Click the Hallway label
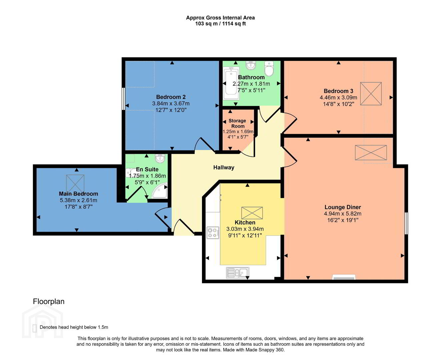(x=224, y=167)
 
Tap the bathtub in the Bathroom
(x=231, y=83)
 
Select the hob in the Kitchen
(x=213, y=233)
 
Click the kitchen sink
(x=238, y=273)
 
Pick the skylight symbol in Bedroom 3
(x=371, y=94)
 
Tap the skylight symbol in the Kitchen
(x=252, y=213)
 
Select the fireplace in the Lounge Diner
(x=344, y=277)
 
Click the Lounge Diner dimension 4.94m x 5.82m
(x=343, y=213)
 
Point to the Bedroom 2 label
(x=171, y=97)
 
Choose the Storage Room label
(x=238, y=123)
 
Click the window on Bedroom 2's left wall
(x=123, y=99)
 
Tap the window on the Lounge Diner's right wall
(x=406, y=223)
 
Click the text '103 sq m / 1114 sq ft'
(x=220, y=24)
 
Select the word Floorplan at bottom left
(x=49, y=301)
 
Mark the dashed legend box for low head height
(x=35, y=328)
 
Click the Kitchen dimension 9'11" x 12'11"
(x=245, y=236)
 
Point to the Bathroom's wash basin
(x=251, y=65)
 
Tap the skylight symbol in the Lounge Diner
(x=371, y=153)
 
